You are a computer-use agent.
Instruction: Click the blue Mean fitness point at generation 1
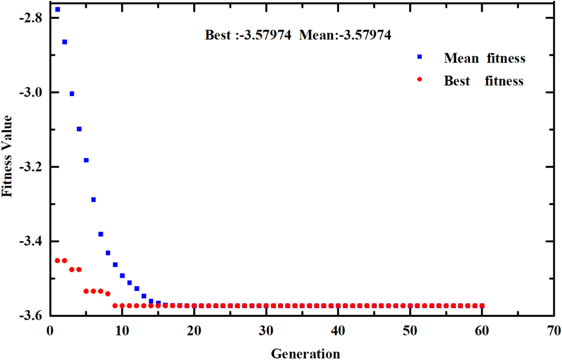click(58, 9)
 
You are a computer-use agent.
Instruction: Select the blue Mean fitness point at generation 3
click(72, 94)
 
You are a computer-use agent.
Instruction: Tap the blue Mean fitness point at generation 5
click(86, 160)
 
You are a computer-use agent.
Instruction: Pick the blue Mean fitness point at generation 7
click(100, 234)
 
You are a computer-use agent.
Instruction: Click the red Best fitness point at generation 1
click(58, 260)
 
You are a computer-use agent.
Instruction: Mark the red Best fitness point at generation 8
click(108, 294)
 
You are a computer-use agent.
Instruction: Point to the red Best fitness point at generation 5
click(86, 291)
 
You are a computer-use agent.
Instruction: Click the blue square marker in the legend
click(420, 57)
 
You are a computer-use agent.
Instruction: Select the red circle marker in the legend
click(420, 80)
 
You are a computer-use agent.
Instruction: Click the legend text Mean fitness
click(485, 58)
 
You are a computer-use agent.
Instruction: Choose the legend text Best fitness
click(484, 81)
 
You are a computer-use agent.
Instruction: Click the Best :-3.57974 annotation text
click(248, 35)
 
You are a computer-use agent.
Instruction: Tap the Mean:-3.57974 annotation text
click(345, 35)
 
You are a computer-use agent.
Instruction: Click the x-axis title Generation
click(305, 353)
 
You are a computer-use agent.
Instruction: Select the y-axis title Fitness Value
click(8, 157)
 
